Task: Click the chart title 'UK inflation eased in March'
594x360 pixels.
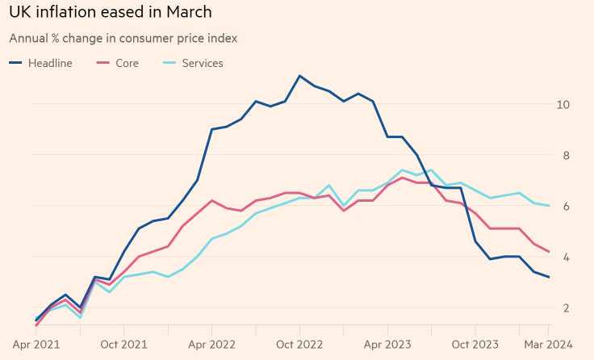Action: [x=111, y=12]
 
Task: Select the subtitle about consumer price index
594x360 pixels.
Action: [x=123, y=38]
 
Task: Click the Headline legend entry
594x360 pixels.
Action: [x=40, y=63]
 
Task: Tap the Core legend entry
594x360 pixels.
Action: [x=118, y=63]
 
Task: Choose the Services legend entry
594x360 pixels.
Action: [x=193, y=63]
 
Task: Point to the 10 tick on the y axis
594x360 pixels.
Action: [x=563, y=105]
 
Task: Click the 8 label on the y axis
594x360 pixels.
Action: [x=567, y=155]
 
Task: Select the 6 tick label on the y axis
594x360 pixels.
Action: [x=567, y=206]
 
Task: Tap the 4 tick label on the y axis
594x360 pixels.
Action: [x=567, y=257]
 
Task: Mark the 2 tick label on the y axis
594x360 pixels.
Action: [x=567, y=308]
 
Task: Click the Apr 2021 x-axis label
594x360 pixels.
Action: [x=36, y=345]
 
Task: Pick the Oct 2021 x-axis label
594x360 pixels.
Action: [x=123, y=345]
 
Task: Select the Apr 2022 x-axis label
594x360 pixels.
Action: [x=211, y=345]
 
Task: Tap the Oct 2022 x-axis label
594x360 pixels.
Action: [x=299, y=345]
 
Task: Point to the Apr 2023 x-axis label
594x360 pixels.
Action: [x=387, y=345]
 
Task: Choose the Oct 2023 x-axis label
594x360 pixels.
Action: [x=475, y=345]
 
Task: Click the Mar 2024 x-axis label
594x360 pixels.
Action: [x=548, y=345]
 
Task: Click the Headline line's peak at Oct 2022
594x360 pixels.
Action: [x=299, y=76]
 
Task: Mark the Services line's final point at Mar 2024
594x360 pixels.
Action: [x=549, y=206]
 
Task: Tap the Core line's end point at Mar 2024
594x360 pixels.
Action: [x=549, y=252]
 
